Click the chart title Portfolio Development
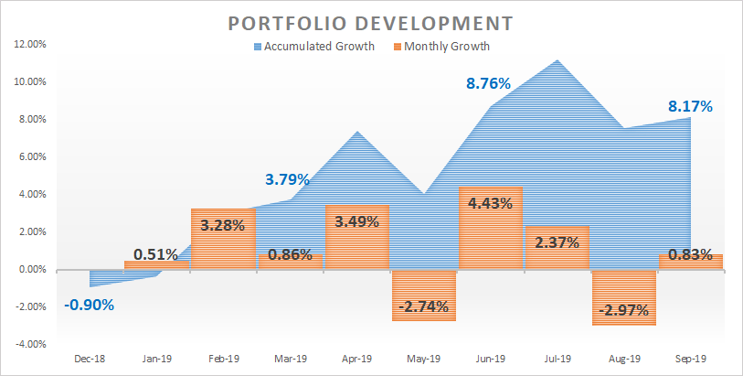click(x=371, y=21)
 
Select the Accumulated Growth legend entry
click(x=312, y=47)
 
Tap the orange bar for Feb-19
click(x=223, y=240)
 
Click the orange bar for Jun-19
click(x=490, y=229)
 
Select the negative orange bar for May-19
click(x=423, y=295)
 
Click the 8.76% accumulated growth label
click(x=488, y=83)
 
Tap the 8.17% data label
click(x=689, y=106)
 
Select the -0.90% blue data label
click(x=90, y=305)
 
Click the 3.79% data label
click(x=288, y=178)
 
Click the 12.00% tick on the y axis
click(x=31, y=44)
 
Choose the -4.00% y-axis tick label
click(x=31, y=344)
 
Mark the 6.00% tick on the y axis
click(x=33, y=156)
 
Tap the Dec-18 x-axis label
click(x=90, y=360)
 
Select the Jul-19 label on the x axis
click(x=557, y=360)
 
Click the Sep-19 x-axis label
click(x=690, y=360)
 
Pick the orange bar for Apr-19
click(x=356, y=238)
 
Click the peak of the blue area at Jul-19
click(x=557, y=61)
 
